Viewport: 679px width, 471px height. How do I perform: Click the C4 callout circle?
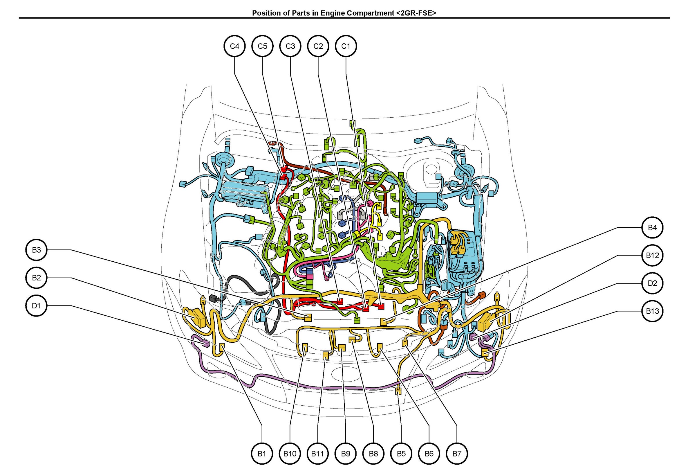point(234,46)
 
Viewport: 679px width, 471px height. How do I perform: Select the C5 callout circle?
point(262,46)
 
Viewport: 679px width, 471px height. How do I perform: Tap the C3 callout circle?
point(290,46)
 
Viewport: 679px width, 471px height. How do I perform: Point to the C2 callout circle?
point(318,46)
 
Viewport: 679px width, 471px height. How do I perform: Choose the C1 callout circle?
point(346,46)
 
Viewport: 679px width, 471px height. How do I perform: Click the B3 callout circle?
point(36,250)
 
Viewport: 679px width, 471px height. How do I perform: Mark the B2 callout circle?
point(36,278)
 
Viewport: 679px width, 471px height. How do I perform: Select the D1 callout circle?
point(36,306)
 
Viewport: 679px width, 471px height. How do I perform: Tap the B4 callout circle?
point(652,228)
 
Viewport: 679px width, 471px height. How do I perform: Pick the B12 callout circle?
point(652,255)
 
